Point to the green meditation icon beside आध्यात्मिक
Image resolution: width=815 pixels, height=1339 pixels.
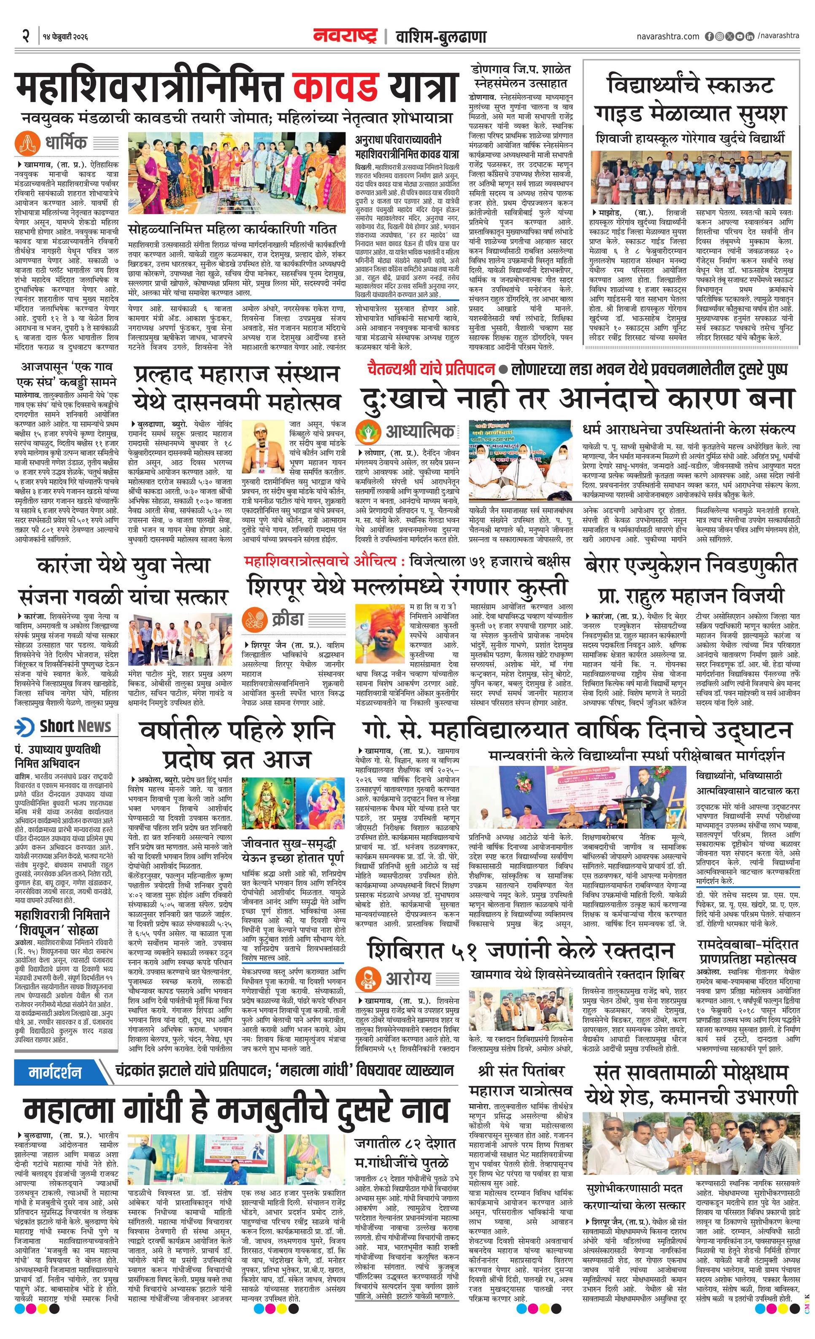tap(368, 432)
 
